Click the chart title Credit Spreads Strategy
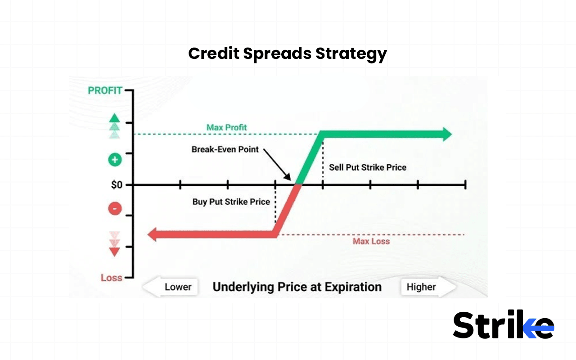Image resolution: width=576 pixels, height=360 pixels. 287,54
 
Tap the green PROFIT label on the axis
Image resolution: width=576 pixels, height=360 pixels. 105,90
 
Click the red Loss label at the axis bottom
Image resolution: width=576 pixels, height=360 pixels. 111,278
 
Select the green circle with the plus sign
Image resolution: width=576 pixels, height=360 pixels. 115,160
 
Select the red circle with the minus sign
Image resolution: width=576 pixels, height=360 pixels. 115,209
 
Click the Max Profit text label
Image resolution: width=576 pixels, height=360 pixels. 227,127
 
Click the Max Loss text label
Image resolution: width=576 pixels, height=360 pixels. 371,241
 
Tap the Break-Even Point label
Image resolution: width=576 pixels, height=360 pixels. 225,149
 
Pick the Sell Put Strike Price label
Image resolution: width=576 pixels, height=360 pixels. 368,167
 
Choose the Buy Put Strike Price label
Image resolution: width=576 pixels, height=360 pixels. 231,202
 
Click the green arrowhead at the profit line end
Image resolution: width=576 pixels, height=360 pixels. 447,134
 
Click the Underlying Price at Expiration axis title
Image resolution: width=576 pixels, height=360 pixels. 297,287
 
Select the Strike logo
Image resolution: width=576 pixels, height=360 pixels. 503,324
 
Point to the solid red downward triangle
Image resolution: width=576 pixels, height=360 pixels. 115,252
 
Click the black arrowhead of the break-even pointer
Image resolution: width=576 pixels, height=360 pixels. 288,178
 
